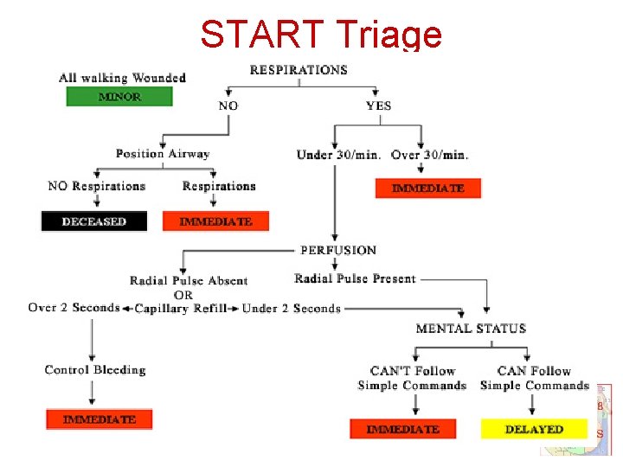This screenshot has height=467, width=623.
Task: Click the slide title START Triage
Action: point(321,35)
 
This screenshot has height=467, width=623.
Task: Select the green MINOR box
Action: point(119,97)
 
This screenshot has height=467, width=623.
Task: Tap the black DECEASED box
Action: point(94,221)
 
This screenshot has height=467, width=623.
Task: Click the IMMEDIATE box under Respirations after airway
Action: point(215,221)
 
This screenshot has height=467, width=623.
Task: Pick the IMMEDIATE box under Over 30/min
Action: point(427,188)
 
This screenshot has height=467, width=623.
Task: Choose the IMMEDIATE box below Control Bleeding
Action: point(99,419)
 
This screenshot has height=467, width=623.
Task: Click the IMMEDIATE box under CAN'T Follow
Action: point(402,429)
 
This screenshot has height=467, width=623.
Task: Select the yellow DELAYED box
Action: point(534,429)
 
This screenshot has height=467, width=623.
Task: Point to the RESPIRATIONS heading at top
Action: point(299,70)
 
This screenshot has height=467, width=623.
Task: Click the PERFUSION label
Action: point(338,250)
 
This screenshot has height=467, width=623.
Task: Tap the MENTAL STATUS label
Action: point(471,329)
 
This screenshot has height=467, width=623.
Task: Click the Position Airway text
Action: point(163,154)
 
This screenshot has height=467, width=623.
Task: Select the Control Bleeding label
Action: point(95,370)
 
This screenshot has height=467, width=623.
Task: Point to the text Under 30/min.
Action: point(338,155)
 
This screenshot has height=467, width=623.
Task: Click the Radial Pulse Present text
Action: point(355,278)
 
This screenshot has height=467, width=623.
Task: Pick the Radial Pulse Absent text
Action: point(189,281)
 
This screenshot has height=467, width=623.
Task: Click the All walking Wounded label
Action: point(122,78)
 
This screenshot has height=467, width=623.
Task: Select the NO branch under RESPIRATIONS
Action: point(228,106)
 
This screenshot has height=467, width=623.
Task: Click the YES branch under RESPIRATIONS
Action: point(378,106)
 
